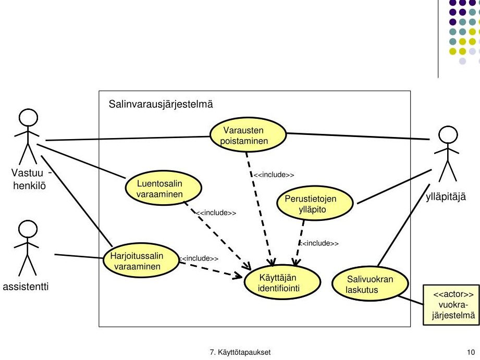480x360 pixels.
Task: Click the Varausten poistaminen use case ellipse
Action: point(248,135)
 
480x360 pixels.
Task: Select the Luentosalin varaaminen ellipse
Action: point(164,188)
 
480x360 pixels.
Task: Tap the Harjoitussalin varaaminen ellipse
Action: point(141,260)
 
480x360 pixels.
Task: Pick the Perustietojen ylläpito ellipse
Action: point(315,203)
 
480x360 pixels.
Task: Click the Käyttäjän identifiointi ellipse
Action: point(282,282)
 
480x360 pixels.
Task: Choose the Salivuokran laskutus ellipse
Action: point(370,283)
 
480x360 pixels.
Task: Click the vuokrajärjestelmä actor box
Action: point(451,305)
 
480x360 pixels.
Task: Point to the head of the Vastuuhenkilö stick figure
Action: point(29,118)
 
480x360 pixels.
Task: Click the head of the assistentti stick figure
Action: point(28,230)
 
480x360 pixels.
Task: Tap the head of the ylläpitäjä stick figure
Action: point(448,135)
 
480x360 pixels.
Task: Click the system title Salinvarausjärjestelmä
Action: point(161,104)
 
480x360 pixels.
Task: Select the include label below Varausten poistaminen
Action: point(274,175)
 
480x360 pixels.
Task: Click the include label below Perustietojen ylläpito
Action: point(318,243)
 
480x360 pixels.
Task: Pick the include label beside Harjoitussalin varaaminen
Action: point(199,258)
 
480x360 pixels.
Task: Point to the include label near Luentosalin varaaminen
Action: point(216,213)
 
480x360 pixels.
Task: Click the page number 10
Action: point(471,352)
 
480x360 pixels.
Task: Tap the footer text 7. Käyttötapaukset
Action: point(240,352)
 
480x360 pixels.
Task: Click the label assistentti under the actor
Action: point(26,287)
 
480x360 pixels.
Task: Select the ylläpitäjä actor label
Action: point(446,196)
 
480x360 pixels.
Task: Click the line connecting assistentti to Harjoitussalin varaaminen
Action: point(79,256)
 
